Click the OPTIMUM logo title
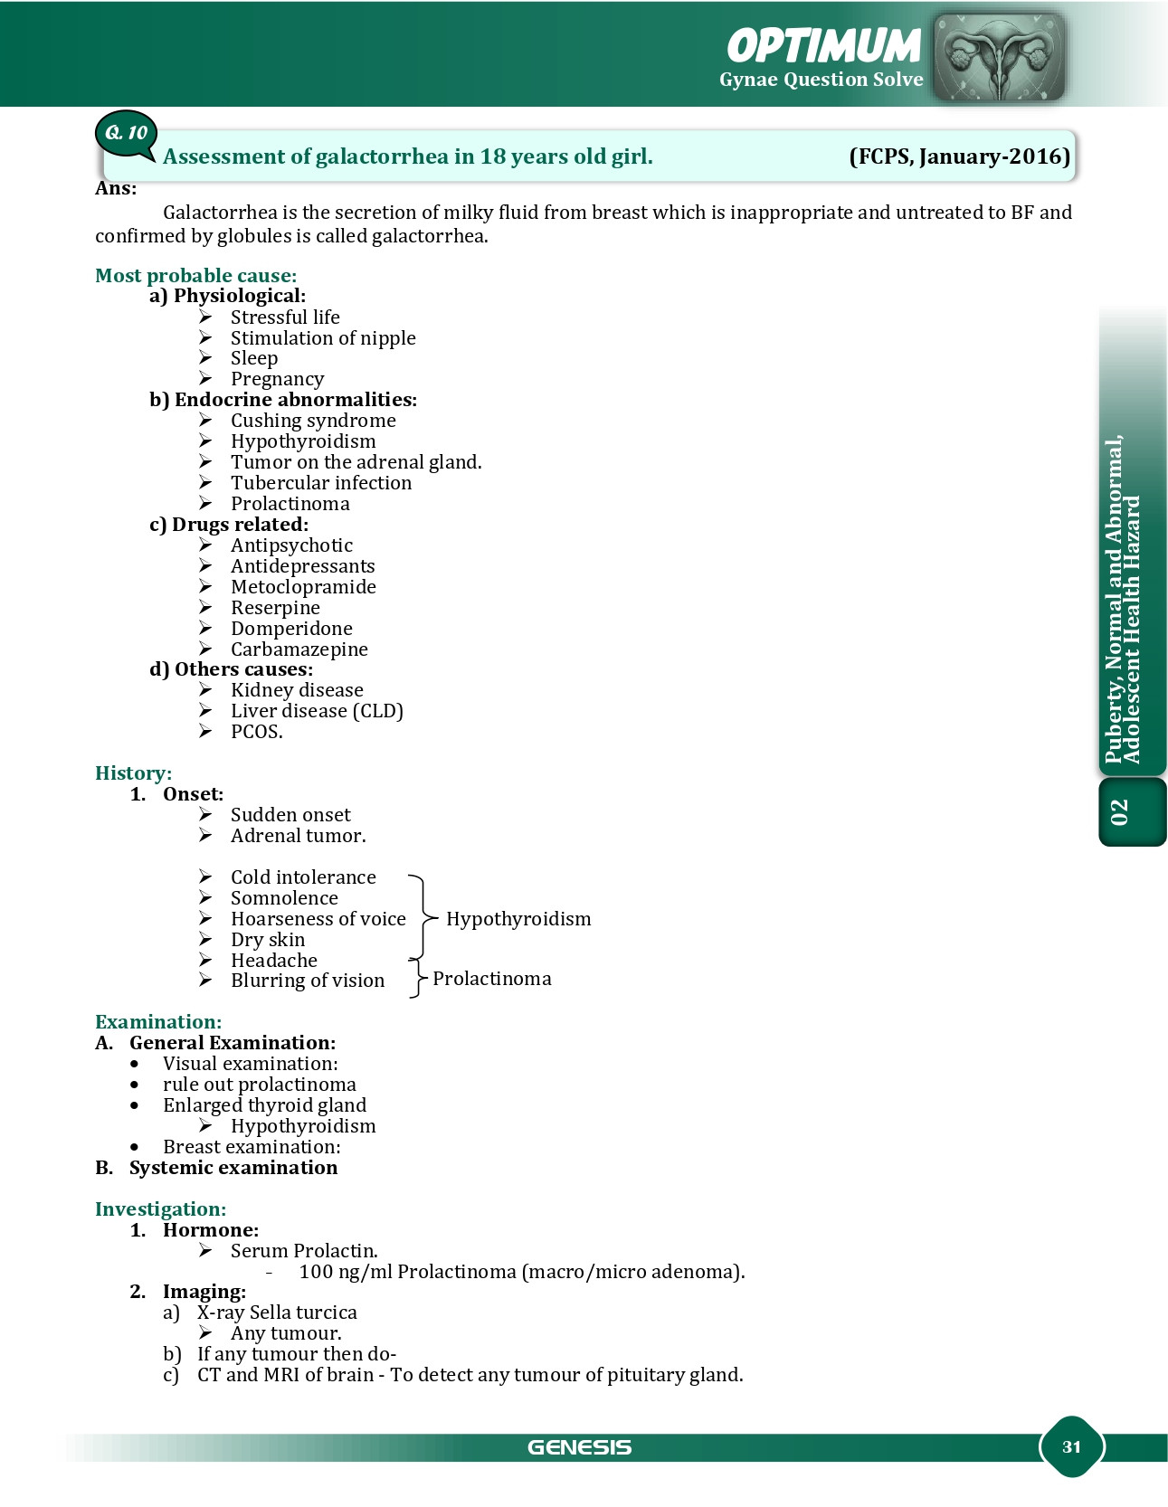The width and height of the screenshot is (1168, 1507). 823,46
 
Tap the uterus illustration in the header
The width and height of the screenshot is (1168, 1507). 998,55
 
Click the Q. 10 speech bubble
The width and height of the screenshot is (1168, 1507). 126,134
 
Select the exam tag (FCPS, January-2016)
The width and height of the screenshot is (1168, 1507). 959,156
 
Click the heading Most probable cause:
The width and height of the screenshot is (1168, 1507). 195,275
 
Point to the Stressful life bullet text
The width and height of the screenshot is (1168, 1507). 285,318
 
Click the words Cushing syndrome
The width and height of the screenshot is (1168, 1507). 313,421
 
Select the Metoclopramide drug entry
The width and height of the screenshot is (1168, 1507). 303,587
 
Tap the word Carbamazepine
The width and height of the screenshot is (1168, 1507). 299,649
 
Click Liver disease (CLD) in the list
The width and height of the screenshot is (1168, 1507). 317,711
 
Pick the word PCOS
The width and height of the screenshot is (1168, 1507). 256,732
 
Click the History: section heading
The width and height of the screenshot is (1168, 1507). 133,773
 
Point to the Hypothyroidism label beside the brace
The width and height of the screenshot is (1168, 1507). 518,919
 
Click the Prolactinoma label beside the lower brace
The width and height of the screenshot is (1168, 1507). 491,979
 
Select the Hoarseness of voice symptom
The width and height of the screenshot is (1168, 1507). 318,919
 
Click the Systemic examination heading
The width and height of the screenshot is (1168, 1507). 233,1168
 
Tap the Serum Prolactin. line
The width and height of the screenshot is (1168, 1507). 304,1251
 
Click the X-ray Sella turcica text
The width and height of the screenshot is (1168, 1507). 277,1313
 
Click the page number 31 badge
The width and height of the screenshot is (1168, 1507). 1071,1446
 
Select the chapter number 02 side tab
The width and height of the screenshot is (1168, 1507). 1121,811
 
